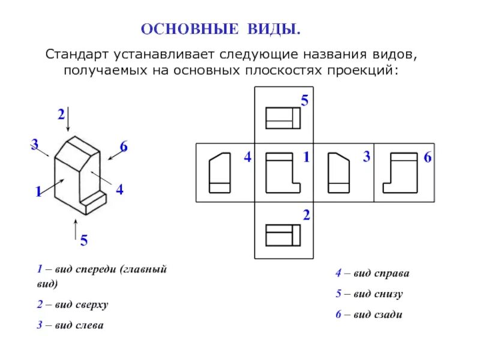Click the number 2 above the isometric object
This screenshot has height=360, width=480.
61,114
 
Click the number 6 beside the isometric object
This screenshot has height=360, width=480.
124,147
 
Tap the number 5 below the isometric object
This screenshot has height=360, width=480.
83,241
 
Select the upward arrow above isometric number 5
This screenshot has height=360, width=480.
75,229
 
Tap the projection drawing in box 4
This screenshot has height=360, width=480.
220,173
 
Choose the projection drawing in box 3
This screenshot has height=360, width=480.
338,173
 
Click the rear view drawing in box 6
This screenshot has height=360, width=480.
400,173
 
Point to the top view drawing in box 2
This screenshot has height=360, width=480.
283,235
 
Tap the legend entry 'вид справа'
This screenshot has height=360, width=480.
380,273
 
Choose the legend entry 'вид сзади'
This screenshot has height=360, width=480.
377,314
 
